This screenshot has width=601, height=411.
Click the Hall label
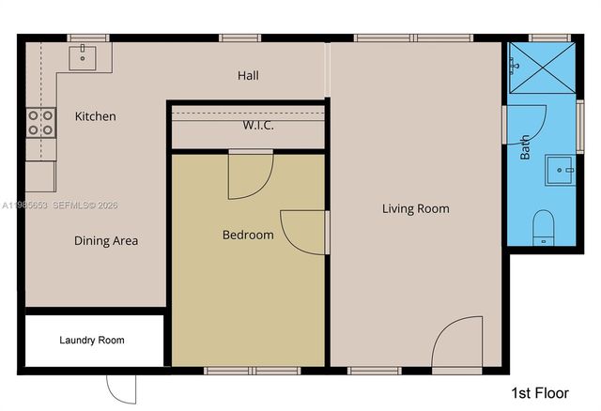pyautogui.click(x=248, y=76)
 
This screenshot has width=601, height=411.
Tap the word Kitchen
pyautogui.click(x=96, y=116)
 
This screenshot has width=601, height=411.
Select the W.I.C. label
pyautogui.click(x=258, y=126)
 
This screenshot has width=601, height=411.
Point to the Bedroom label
pyautogui.click(x=248, y=235)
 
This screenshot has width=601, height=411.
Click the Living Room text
pyautogui.click(x=415, y=208)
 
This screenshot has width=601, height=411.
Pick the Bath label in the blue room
pyautogui.click(x=525, y=147)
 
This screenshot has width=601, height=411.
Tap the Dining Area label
pyautogui.click(x=106, y=241)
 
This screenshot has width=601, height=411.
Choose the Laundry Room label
pyautogui.click(x=92, y=340)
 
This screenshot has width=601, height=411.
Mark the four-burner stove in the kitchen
pyautogui.click(x=41, y=121)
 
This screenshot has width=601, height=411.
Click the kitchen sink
pyautogui.click(x=84, y=54)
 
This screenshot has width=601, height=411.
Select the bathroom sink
pyautogui.click(x=563, y=172)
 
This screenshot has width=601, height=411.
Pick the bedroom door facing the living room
pyautogui.click(x=304, y=232)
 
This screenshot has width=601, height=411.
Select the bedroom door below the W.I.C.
pyautogui.click(x=250, y=174)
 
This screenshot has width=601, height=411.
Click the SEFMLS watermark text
pyautogui.click(x=71, y=205)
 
